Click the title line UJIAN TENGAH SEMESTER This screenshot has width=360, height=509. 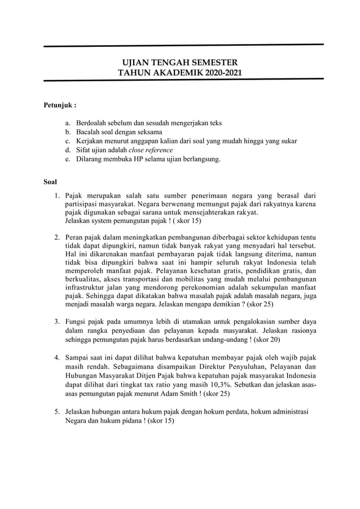(x=180, y=62)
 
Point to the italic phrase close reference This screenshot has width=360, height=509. (x=151, y=150)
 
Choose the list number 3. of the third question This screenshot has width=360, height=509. (x=58, y=322)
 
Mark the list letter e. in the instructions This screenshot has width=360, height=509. (x=67, y=159)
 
